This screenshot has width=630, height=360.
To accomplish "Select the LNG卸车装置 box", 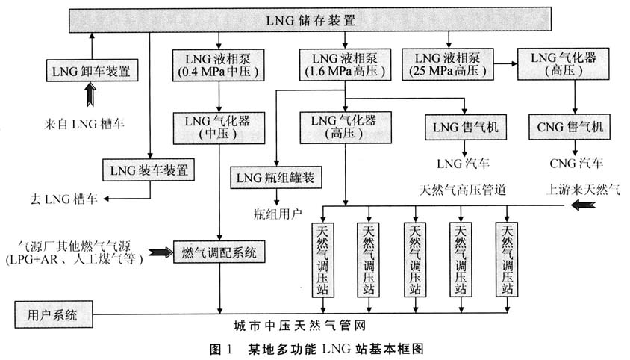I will [x=91, y=72].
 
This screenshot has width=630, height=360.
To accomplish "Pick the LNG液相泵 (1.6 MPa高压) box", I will [x=344, y=65].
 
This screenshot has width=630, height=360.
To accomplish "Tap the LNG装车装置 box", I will [x=150, y=170].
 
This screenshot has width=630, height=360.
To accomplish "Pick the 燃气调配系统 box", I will [x=219, y=252].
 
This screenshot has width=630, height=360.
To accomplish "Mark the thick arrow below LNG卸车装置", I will [x=91, y=95].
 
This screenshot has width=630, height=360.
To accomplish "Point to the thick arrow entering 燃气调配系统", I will [x=158, y=252].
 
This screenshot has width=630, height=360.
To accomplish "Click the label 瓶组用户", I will [x=278, y=214].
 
